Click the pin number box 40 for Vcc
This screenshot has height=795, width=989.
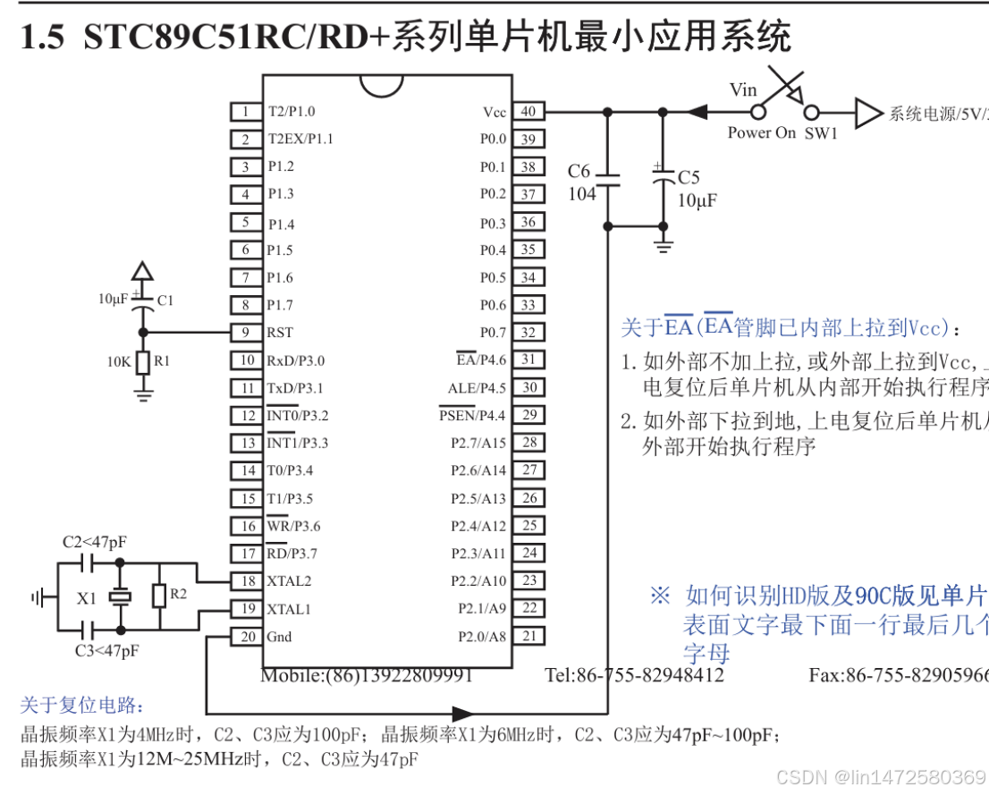pos(528,112)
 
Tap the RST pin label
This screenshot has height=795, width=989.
pos(280,333)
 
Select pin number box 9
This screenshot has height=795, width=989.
pos(244,333)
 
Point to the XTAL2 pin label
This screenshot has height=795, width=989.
pos(289,581)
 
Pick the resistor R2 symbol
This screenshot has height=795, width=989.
pos(158,596)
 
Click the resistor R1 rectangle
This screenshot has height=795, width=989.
pos(141,362)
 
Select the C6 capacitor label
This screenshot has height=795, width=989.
pos(579,171)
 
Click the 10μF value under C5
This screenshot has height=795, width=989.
pos(697,200)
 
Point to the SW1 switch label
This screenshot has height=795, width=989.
pos(821,133)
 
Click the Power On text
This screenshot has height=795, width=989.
pos(761,133)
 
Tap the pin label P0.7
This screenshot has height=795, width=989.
pos(493,333)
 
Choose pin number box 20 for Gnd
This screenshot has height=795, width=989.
pos(244,637)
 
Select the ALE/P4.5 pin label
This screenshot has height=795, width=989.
pos(477,388)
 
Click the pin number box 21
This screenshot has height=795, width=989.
pos(528,637)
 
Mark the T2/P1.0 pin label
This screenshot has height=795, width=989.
pos(291,112)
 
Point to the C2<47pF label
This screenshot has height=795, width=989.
pos(94,542)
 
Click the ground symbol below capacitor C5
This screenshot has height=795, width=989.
pos(663,242)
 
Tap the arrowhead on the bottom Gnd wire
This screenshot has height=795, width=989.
pos(462,714)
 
